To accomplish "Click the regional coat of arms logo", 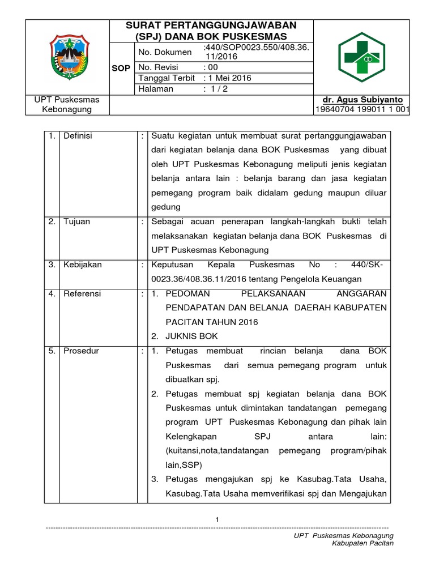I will pyautogui.click(x=69, y=57).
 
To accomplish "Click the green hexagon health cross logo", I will pyautogui.click(x=361, y=57).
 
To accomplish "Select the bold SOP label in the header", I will pyautogui.click(x=122, y=68).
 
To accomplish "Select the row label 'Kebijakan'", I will pyautogui.click(x=82, y=265).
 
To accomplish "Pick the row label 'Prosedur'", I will pyautogui.click(x=80, y=351).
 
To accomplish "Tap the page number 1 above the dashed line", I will pyautogui.click(x=217, y=519).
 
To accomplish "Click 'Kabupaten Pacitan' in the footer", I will pyautogui.click(x=362, y=543).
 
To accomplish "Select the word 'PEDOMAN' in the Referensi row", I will pyautogui.click(x=187, y=293).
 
